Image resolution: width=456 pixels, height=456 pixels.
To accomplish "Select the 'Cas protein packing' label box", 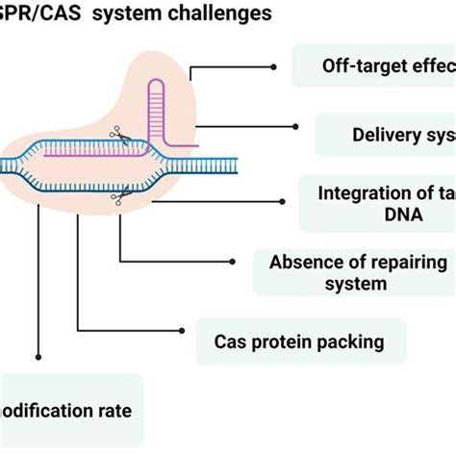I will tap(300, 342).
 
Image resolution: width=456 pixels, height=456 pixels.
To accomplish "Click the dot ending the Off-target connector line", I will tap(275, 67).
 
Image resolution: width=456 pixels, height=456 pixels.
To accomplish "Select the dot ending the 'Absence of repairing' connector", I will tap(234, 261).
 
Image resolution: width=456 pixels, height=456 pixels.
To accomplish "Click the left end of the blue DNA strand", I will tap(5, 166).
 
